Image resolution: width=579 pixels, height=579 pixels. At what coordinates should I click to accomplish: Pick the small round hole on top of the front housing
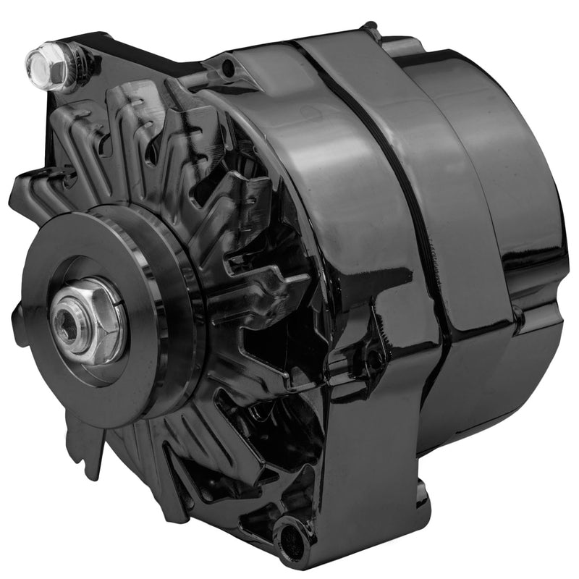[229, 68]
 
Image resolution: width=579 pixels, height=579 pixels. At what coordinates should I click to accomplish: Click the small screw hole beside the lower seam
[374, 356]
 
